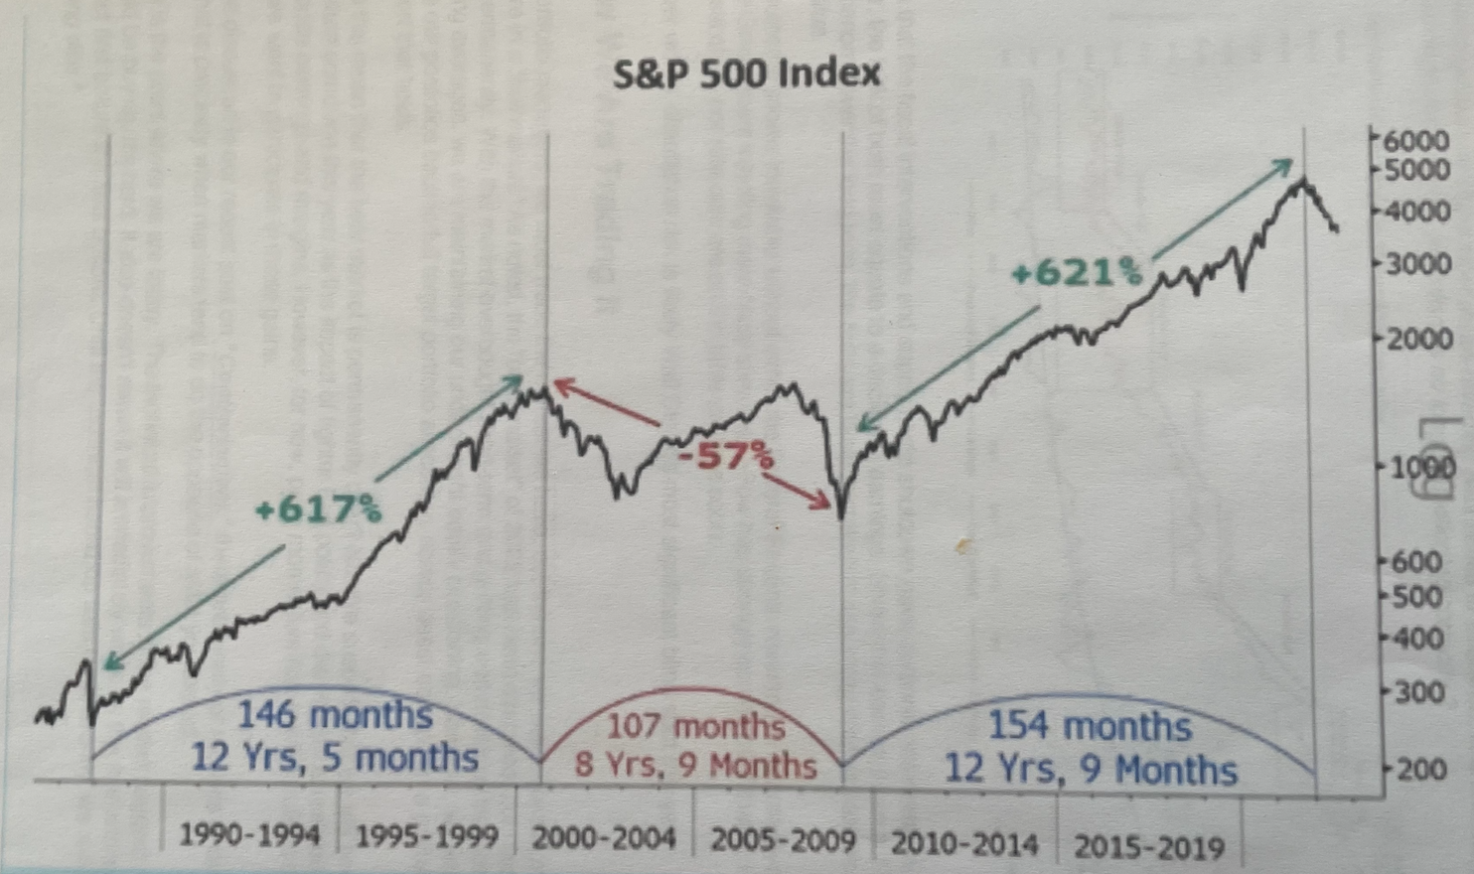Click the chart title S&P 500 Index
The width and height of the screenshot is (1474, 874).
(746, 73)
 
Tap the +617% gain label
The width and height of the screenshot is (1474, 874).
(318, 510)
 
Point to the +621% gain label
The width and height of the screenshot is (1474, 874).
(1076, 272)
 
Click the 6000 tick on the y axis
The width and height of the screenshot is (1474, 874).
(1417, 140)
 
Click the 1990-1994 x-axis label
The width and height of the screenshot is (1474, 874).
(249, 835)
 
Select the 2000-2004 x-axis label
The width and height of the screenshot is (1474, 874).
(603, 838)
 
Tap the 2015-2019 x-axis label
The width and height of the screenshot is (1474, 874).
(1149, 847)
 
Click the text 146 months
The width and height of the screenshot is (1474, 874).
(335, 715)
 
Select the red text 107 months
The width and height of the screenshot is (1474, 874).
(695, 726)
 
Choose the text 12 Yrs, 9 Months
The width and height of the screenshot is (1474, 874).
(1090, 770)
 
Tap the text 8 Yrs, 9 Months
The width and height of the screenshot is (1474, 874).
(695, 766)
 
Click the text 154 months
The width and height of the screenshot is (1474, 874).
(1090, 726)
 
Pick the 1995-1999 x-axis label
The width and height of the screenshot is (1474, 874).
(426, 836)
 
